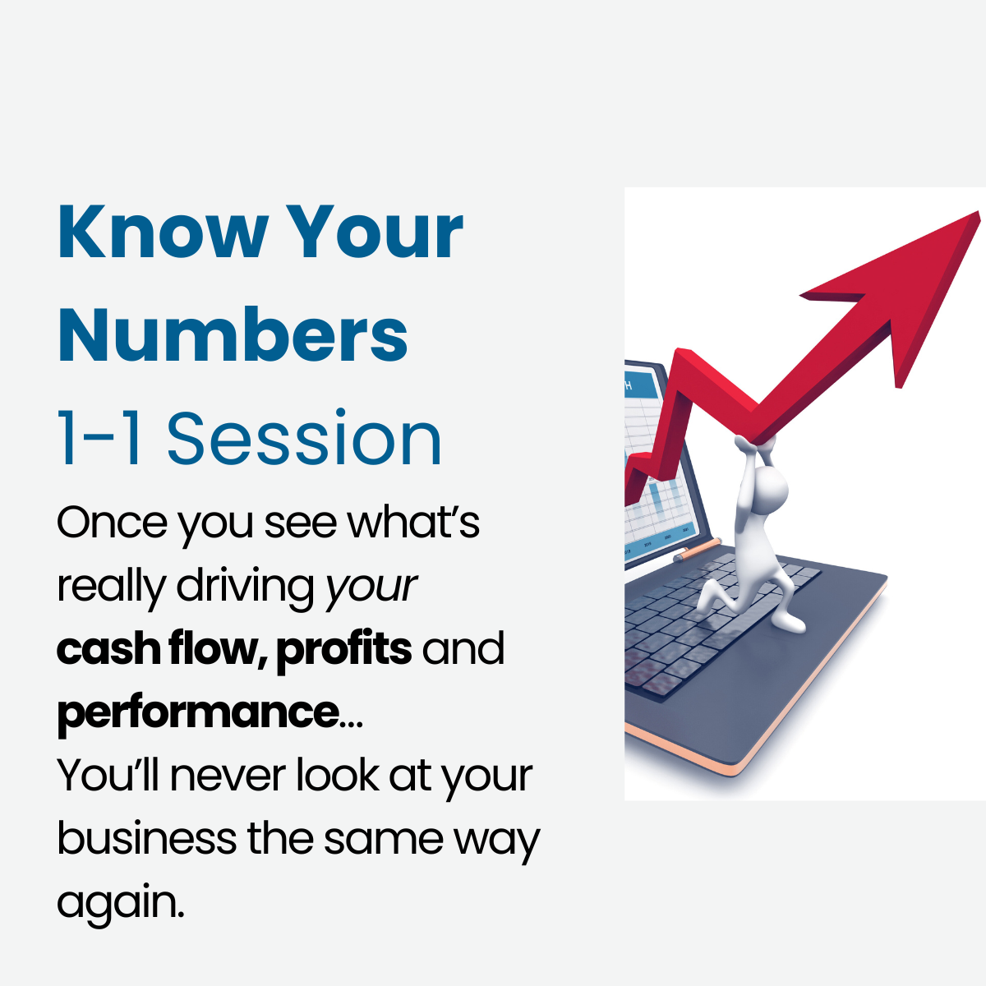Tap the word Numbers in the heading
[233, 334]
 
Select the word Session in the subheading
[304, 439]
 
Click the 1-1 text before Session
[99, 439]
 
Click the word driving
[246, 587]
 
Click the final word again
[120, 904]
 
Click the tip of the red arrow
[978, 213]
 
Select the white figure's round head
[770, 488]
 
